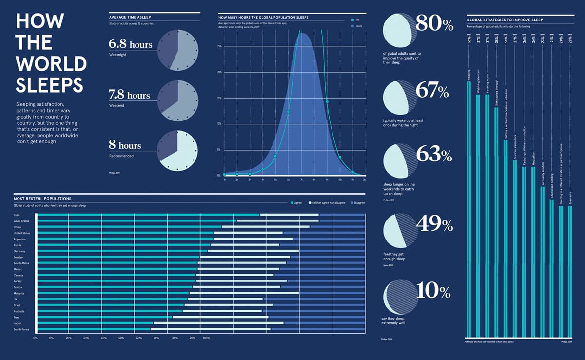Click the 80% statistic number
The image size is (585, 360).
[435, 23]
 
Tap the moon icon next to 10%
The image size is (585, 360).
[403, 297]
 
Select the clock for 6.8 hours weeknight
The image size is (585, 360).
[177, 50]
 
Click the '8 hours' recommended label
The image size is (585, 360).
[125, 145]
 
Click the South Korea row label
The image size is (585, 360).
[21, 330]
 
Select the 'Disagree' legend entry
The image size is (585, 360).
[357, 202]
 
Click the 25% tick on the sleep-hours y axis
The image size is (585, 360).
[219, 46]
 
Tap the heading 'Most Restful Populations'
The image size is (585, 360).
[43, 199]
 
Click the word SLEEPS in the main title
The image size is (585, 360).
[49, 84]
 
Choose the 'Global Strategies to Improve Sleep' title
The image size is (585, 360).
[505, 20]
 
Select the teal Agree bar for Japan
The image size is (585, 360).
[96, 323]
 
